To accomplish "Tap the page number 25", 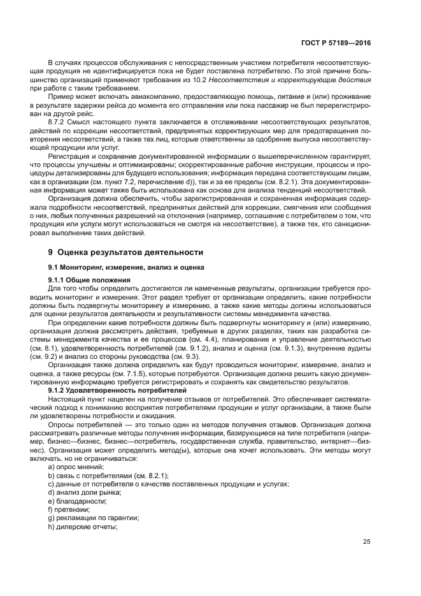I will point(367,541).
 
